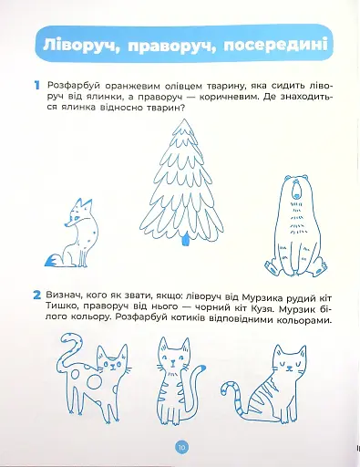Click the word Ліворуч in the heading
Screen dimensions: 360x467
coord(79,45)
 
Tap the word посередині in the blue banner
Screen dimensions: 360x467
coord(276,45)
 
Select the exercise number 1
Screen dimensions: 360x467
coord(37,86)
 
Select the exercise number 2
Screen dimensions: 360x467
coord(37,296)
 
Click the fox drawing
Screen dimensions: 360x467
coord(72,233)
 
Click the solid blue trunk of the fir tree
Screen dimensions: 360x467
coord(185,240)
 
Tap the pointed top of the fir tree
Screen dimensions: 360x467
coord(183,120)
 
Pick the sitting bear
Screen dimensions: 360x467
coord(296,225)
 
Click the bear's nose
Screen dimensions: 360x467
coord(296,195)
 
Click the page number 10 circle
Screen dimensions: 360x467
coord(181,447)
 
